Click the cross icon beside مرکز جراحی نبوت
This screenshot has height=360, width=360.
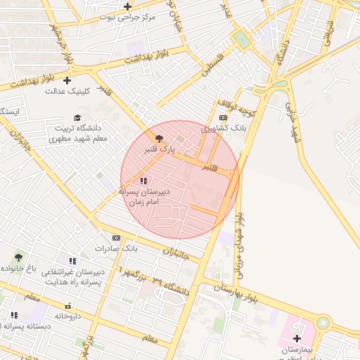click(127, 6)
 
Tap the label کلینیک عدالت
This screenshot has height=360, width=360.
click(68, 91)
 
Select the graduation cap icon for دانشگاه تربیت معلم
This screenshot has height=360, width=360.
click(77, 117)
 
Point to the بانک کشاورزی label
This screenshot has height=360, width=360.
click(224, 129)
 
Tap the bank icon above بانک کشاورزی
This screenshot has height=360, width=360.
click(224, 117)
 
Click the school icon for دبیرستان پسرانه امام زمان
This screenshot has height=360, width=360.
click(143, 181)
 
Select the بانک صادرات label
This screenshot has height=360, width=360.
click(116, 249)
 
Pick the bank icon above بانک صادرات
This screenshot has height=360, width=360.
click(116, 238)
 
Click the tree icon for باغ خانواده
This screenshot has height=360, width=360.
click(18, 257)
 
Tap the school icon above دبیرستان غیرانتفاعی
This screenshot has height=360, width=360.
click(72, 261)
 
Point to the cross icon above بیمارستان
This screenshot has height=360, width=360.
click(297, 338)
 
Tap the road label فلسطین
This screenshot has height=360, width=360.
click(213, 63)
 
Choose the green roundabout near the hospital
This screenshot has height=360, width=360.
click(323, 323)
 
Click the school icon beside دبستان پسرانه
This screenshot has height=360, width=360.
click(14, 316)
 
